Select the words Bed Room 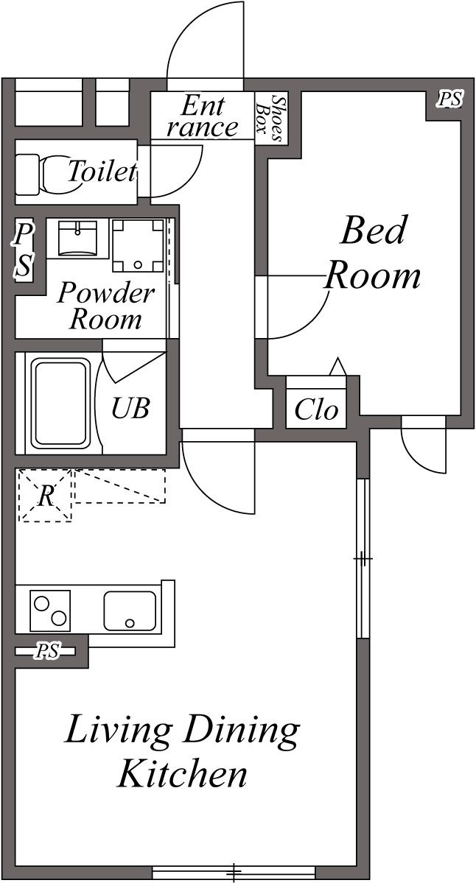coord(373,254)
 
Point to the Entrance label coord(202,116)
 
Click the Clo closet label coord(316,409)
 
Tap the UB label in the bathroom coord(130,407)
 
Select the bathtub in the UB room coord(60,403)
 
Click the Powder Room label coord(106,306)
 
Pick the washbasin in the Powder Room coord(78,237)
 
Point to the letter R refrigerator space coord(46,496)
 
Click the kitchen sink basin coord(130,610)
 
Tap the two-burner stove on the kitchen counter coord(49,610)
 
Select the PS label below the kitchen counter coord(49,652)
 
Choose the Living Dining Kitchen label coord(183,752)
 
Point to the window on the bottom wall coord(234,873)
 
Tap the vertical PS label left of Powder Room coord(24,251)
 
